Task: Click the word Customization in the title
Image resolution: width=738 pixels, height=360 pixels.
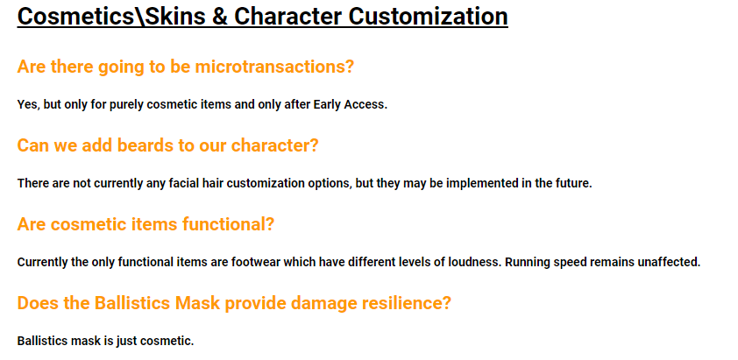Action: click(428, 16)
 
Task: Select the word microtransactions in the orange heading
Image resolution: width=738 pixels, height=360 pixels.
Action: click(274, 67)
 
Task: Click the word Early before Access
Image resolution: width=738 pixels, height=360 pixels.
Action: click(327, 105)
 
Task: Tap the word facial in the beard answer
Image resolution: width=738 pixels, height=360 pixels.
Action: click(175, 184)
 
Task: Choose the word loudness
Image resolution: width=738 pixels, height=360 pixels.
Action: click(479, 263)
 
